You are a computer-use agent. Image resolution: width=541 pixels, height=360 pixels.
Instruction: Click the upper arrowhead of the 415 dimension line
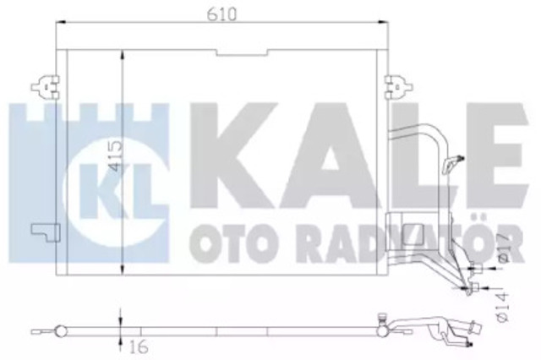pyautogui.click(x=124, y=55)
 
